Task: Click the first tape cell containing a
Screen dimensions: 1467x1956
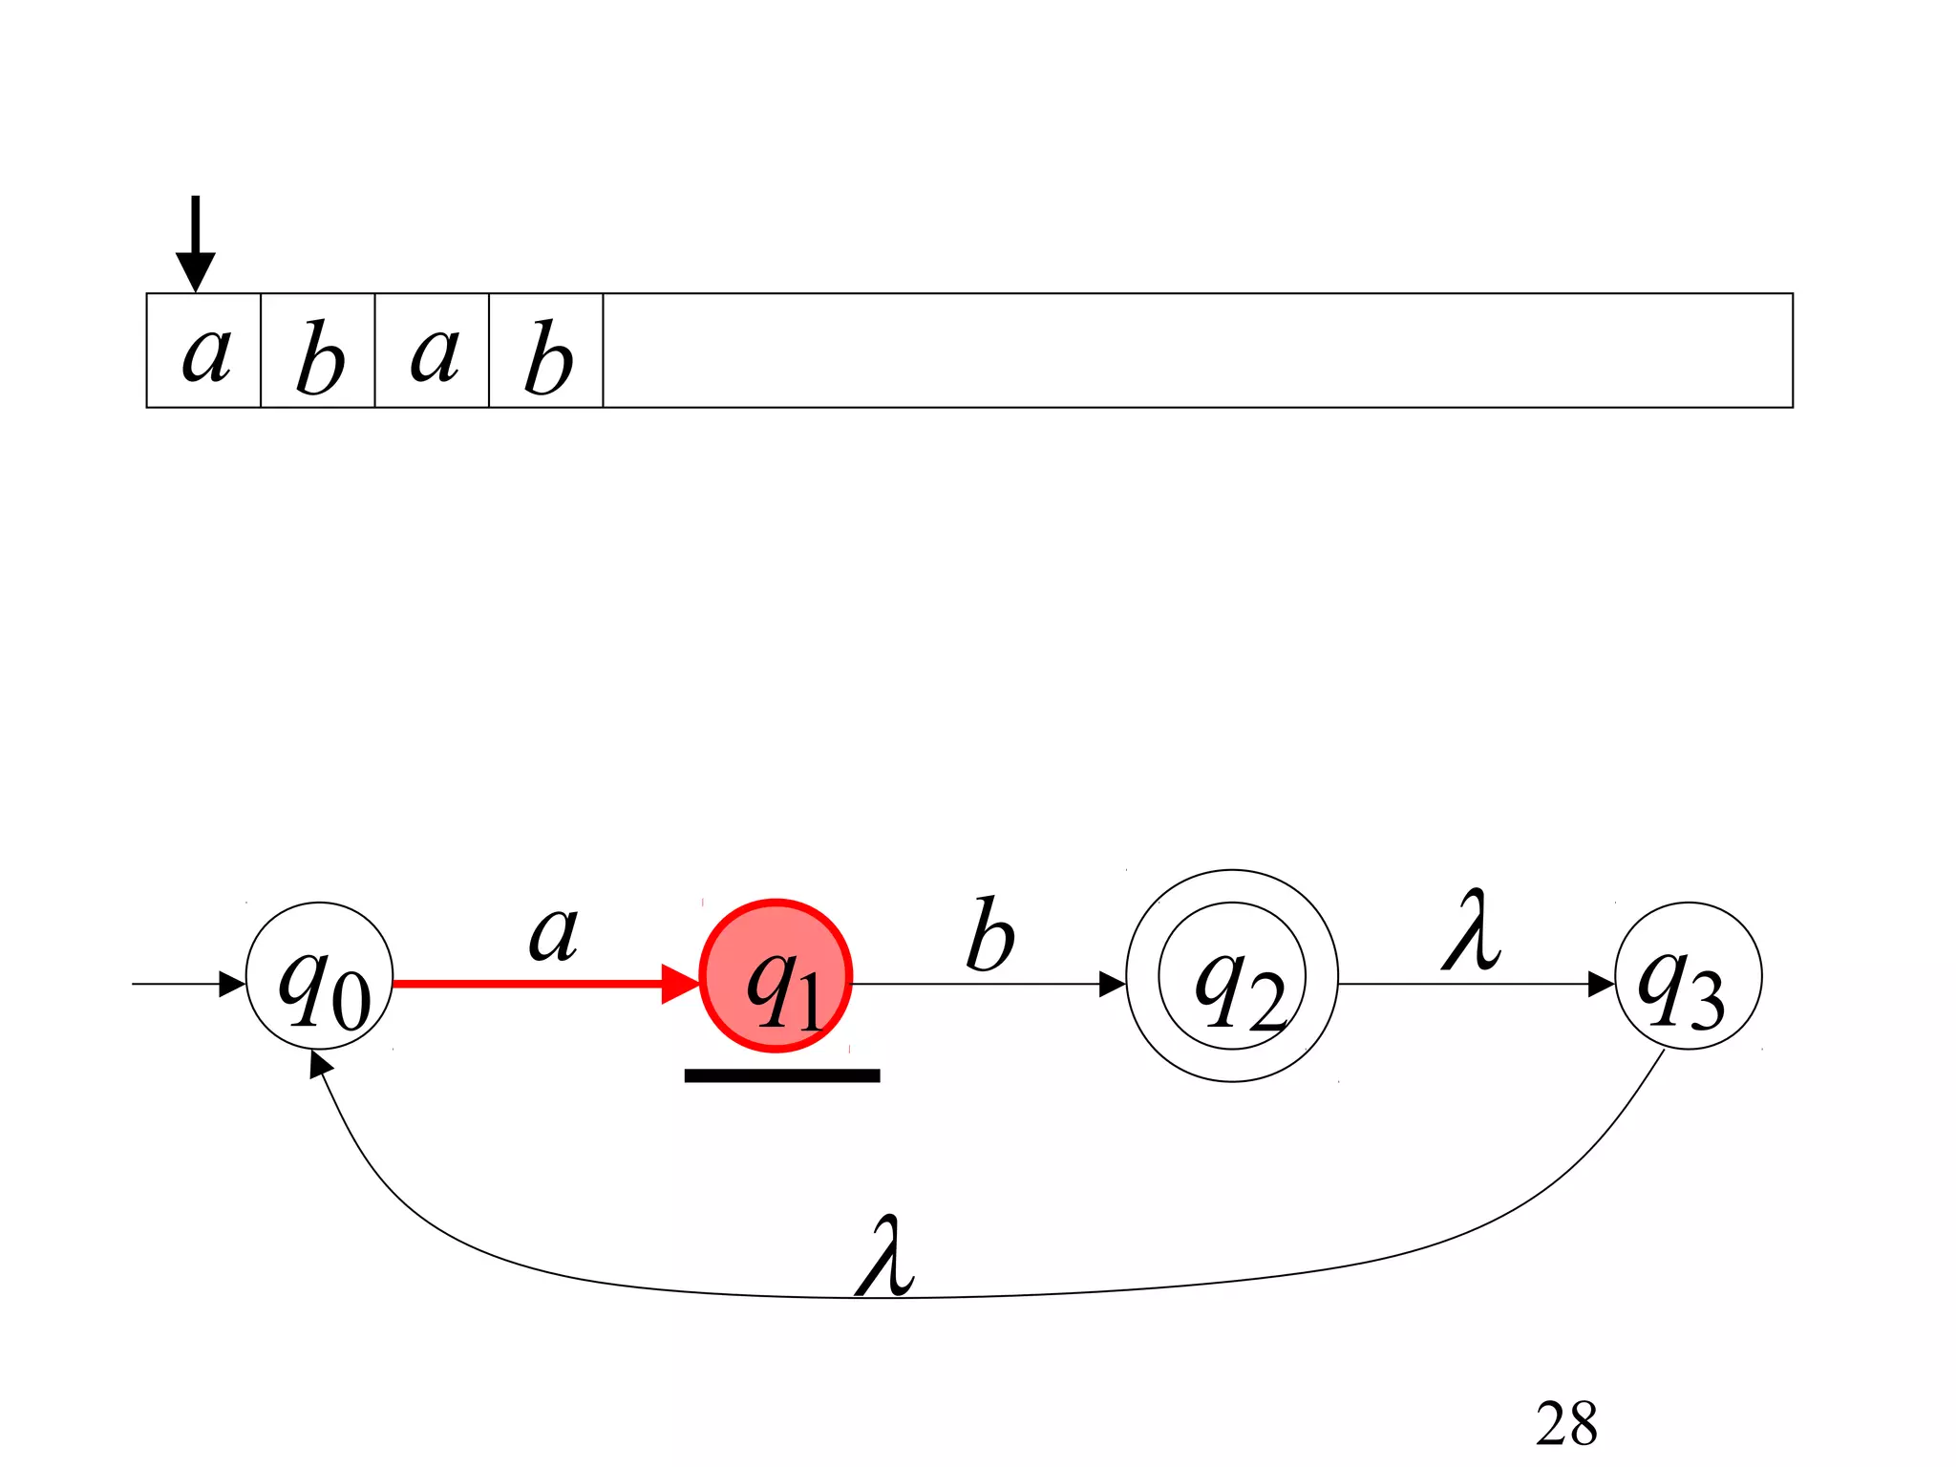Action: (x=203, y=351)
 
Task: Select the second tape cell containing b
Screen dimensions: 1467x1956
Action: (x=318, y=351)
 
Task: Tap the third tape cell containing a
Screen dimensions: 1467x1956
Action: (x=432, y=351)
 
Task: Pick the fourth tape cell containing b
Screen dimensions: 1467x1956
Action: (x=546, y=351)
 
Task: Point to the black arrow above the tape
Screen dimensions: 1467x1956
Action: (x=196, y=243)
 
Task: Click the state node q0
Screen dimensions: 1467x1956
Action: (x=320, y=976)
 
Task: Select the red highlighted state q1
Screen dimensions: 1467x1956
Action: (x=776, y=976)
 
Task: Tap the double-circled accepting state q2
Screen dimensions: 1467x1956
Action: (x=1232, y=976)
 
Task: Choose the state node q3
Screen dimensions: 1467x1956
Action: (x=1688, y=976)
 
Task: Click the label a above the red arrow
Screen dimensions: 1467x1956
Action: (x=554, y=932)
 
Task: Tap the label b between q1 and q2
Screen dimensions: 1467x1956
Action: (x=989, y=935)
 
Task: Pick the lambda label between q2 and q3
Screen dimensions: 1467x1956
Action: (x=1471, y=930)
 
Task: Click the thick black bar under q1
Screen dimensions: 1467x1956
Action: (x=782, y=1075)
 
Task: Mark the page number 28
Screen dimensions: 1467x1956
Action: (x=1566, y=1423)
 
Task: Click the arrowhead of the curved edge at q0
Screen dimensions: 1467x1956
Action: (x=321, y=1063)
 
